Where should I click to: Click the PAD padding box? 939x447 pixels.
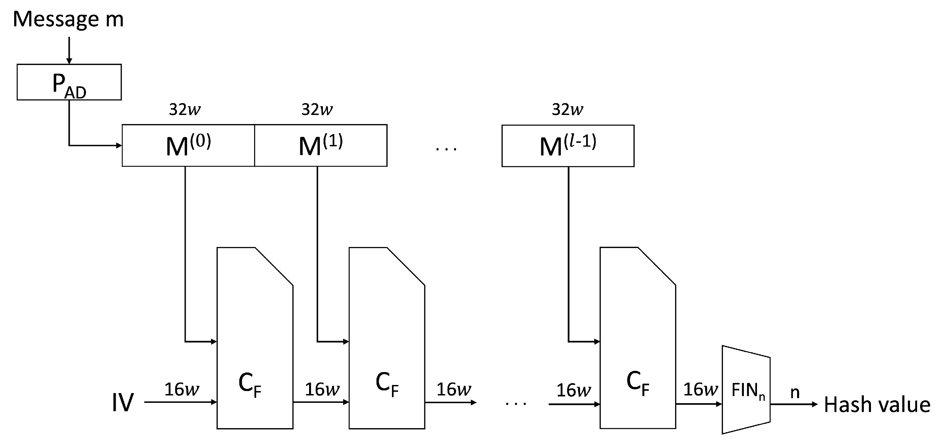tap(69, 82)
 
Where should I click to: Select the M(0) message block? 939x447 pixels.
tap(188, 146)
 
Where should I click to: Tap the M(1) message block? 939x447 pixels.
tap(321, 146)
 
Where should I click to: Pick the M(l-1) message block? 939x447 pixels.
tap(568, 146)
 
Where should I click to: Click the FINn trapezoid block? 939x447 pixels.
tap(746, 390)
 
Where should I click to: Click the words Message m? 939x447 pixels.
tap(68, 19)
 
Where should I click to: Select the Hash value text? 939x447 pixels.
tap(877, 405)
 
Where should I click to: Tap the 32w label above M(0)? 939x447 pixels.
tap(185, 109)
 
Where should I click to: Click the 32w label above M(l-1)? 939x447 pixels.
tap(568, 109)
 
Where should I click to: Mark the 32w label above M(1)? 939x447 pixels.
tap(317, 109)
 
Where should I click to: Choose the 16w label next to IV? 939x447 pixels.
tap(182, 389)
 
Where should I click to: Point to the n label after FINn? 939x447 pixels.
tap(795, 392)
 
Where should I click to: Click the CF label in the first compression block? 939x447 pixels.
tap(250, 385)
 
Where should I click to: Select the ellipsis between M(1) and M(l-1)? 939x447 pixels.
tap(446, 148)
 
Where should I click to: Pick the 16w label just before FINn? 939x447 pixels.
tap(700, 389)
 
